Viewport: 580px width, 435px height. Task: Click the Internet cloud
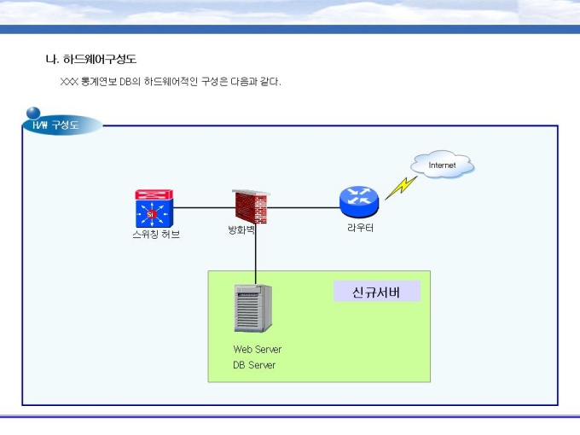443,165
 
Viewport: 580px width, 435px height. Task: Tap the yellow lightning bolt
401,188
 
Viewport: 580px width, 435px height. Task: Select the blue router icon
359,201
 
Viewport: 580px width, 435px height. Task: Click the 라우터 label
360,228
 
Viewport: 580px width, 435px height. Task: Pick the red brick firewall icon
251,206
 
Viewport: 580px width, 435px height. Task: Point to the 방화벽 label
241,230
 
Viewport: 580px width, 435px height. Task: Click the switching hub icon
154,208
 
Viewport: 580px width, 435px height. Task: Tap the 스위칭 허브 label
156,235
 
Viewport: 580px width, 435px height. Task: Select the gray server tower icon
253,308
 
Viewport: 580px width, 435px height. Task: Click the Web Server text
258,349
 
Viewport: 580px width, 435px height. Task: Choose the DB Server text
254,365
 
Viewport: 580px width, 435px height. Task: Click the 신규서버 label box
376,292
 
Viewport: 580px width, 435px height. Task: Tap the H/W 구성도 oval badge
62,125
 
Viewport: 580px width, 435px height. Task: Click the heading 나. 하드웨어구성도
91,59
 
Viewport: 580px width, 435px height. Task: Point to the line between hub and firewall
205,207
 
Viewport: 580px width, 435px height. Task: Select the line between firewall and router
303,207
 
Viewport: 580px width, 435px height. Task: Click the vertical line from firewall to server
255,254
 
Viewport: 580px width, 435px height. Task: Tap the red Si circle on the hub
150,214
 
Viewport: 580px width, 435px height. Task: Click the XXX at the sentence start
69,82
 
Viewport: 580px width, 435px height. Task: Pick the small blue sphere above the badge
33,113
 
